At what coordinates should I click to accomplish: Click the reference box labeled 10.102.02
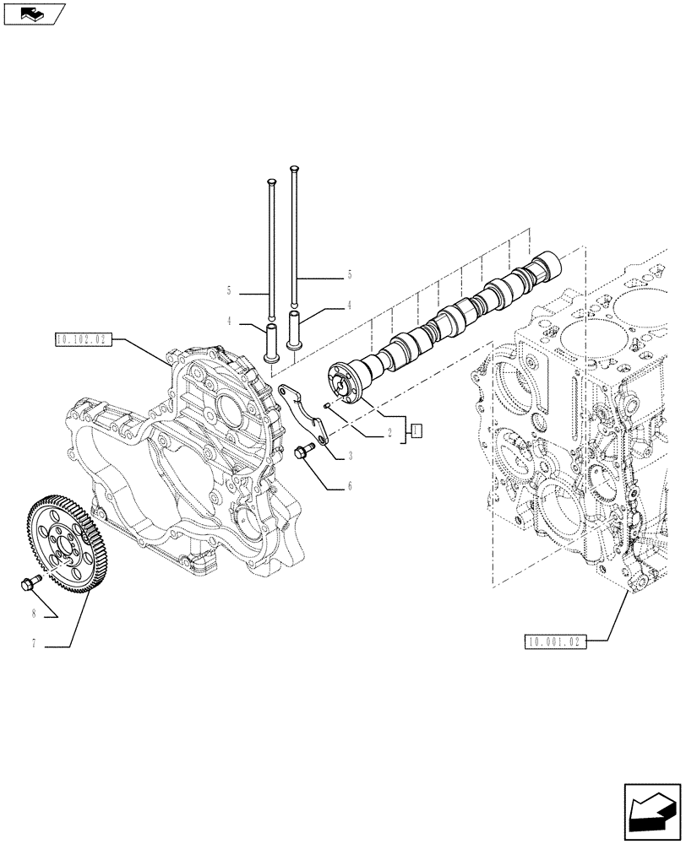coord(82,340)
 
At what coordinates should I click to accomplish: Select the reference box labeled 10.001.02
coord(553,641)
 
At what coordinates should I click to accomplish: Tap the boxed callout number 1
coord(416,432)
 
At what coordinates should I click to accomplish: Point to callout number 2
coord(389,432)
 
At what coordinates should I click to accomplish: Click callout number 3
coord(349,457)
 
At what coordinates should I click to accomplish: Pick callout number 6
coord(349,486)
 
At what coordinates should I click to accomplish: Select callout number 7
coord(33,645)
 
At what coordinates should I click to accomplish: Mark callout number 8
coord(33,614)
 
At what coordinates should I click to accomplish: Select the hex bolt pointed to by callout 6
coord(302,452)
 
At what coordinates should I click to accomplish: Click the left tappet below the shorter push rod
coord(272,344)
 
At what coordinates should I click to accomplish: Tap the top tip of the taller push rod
coord(294,168)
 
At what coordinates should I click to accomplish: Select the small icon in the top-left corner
coord(32,13)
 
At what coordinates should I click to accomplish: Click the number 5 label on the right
coord(349,275)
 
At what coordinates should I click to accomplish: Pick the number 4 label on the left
coord(228,322)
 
